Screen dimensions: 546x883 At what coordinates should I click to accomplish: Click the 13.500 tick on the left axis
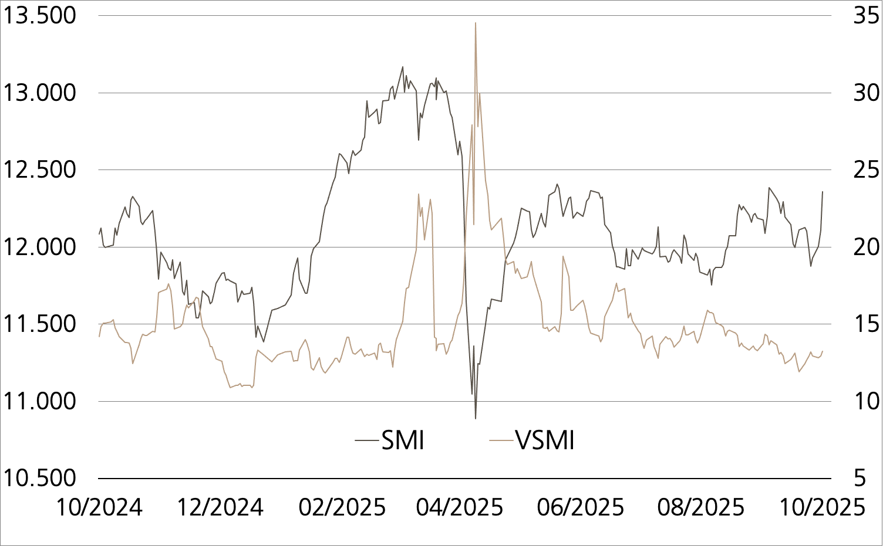(40, 16)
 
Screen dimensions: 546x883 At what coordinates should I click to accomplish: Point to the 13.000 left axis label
(40, 93)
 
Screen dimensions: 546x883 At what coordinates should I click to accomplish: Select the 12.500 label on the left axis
(40, 170)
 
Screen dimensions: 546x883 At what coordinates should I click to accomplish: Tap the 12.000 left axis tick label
(40, 247)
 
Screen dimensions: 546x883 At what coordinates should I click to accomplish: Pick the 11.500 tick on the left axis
(40, 324)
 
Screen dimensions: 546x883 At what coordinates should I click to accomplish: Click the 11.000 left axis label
(40, 401)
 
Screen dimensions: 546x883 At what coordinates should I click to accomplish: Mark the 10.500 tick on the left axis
(40, 478)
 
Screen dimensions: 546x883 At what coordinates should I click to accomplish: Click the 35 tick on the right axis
(866, 16)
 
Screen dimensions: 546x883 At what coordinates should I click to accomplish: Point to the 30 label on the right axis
(866, 93)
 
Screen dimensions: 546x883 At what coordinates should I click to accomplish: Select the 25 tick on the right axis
(866, 170)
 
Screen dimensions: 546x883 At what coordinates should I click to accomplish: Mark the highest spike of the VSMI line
(476, 23)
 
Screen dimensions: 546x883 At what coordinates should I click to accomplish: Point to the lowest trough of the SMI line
(476, 418)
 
